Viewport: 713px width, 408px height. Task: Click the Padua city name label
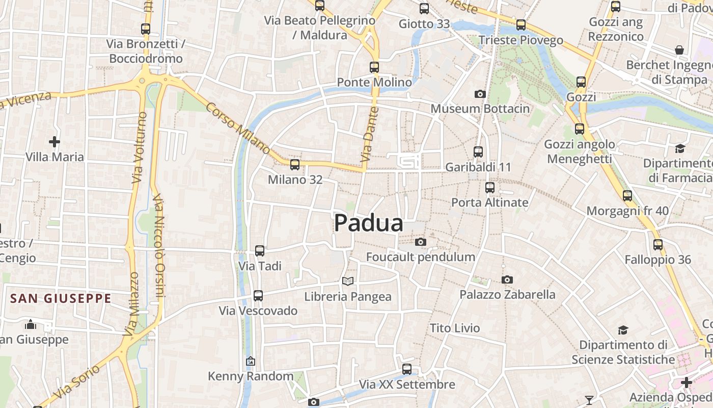click(x=369, y=223)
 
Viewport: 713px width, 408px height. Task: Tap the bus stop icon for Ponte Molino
click(x=374, y=67)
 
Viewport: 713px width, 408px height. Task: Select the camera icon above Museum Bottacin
click(x=480, y=94)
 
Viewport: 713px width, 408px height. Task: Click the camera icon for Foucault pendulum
click(x=420, y=242)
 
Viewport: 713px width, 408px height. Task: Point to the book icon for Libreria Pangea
click(x=348, y=281)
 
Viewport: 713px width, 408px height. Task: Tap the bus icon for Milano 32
click(x=294, y=164)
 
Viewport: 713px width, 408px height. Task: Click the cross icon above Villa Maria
click(x=54, y=141)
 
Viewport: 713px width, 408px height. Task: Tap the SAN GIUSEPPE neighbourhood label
click(x=61, y=298)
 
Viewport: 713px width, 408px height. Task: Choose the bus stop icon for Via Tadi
click(x=259, y=250)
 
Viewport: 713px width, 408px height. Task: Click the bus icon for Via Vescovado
click(x=258, y=295)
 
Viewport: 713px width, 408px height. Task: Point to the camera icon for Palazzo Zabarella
click(x=507, y=279)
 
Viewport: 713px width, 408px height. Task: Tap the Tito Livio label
click(x=455, y=328)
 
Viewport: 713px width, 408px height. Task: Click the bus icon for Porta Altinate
click(x=489, y=187)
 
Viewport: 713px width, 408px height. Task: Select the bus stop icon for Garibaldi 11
click(x=478, y=151)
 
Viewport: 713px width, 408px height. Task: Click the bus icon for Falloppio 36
click(x=658, y=244)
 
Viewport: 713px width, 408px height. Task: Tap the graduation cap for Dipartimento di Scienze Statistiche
click(x=623, y=330)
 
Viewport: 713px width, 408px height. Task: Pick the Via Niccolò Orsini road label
click(x=159, y=245)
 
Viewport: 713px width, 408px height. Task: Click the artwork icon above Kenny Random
click(x=250, y=361)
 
